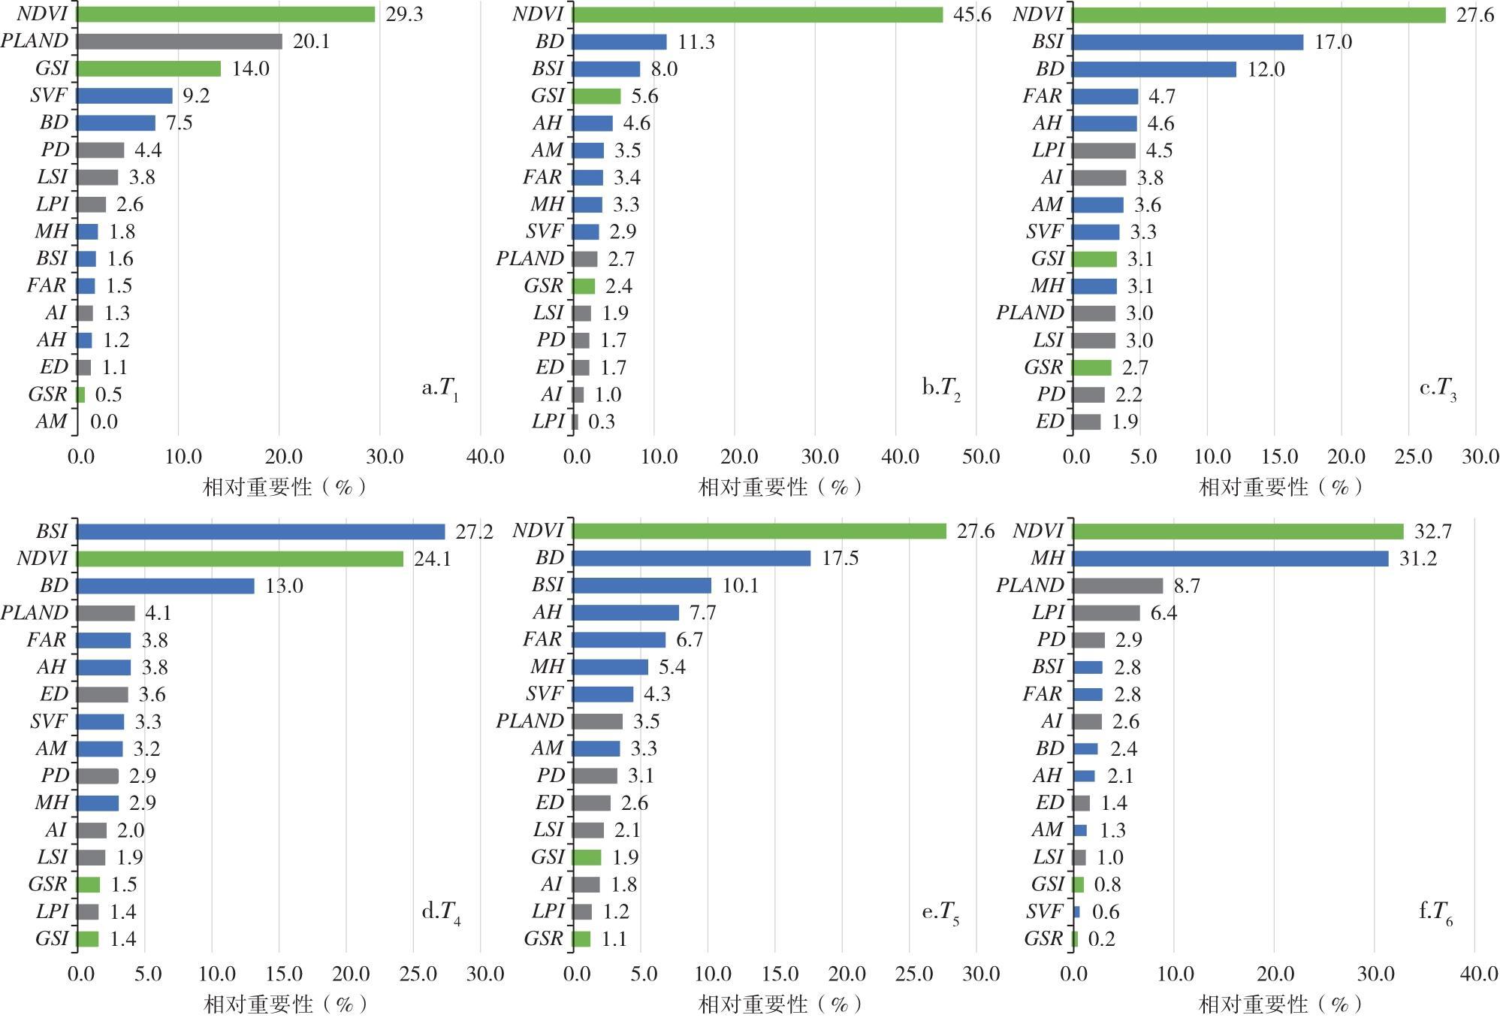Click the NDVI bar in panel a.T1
225,14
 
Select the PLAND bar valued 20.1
179,41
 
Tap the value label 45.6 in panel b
972,14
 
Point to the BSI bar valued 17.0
1188,42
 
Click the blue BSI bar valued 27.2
261,532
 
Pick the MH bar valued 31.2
1230,558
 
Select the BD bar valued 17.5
691,558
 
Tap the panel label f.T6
1435,913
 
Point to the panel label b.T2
941,388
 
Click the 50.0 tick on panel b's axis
981,456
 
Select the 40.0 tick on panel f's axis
1479,974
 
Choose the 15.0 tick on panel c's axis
1279,456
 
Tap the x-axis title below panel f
1281,1004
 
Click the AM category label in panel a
51,421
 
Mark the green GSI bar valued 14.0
149,69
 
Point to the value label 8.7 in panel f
1186,586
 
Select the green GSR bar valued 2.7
1091,367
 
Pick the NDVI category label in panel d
42,558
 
